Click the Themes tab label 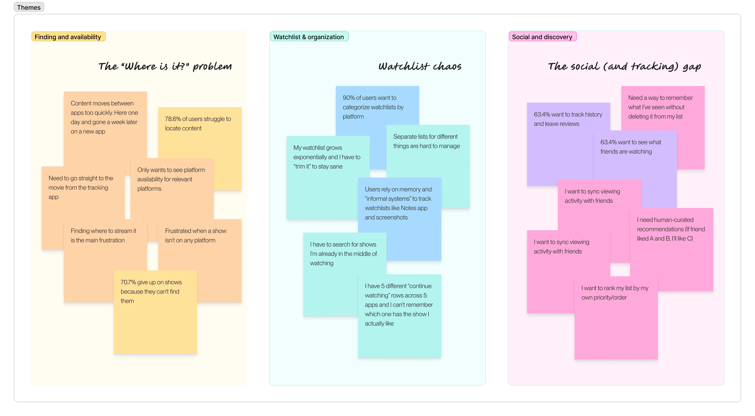click(29, 7)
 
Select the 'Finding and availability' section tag click(68, 37)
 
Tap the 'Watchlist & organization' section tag click(309, 37)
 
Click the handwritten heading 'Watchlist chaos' click(420, 66)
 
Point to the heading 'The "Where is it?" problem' click(165, 66)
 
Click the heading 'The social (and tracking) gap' click(624, 66)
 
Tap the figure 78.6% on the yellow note click(173, 119)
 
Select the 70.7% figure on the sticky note click(128, 282)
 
